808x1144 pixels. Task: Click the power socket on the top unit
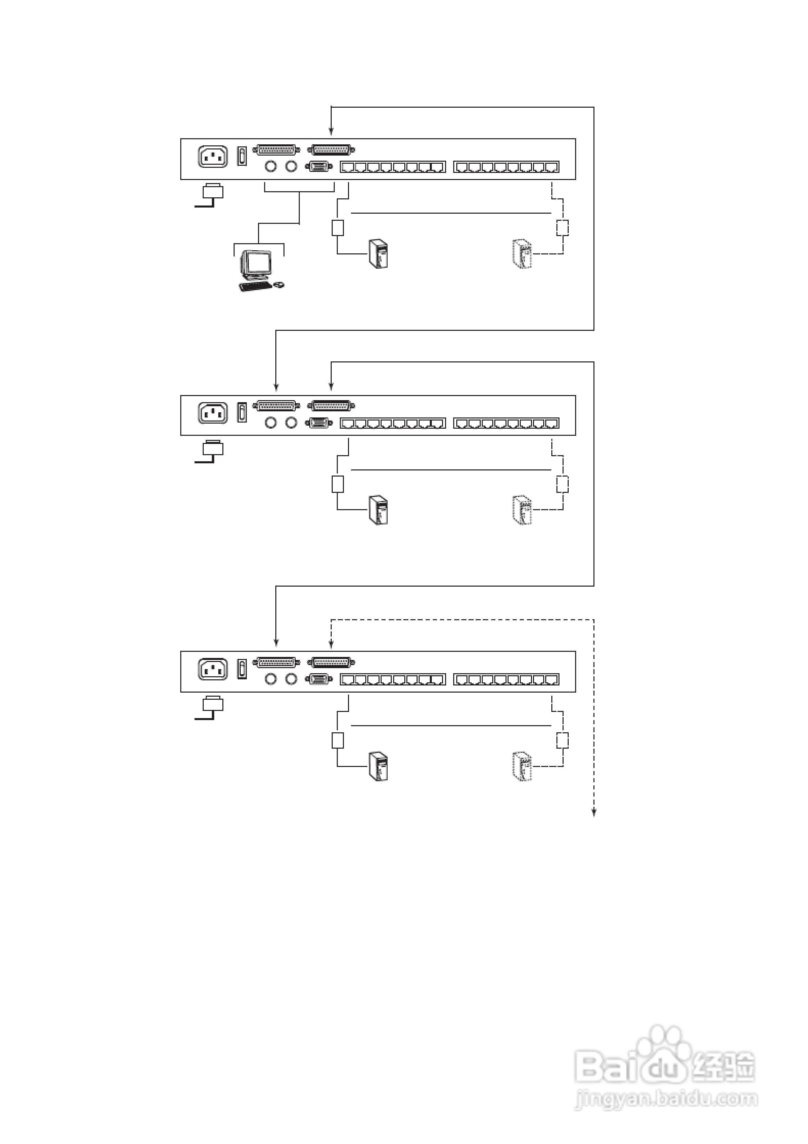pos(213,157)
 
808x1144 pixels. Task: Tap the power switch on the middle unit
pos(242,413)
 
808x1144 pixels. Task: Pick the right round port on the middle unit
pos(291,423)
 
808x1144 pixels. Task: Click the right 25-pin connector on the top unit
pos(331,149)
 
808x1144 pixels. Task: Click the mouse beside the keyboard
pos(279,285)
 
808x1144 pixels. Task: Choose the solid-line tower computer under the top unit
pos(379,254)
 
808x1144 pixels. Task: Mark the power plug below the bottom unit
pos(213,704)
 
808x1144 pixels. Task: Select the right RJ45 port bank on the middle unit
pos(506,424)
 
